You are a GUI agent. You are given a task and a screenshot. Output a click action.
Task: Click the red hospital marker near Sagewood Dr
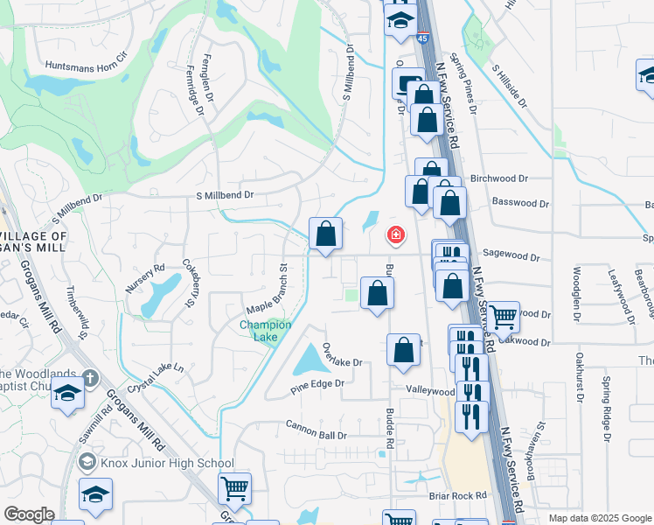[x=395, y=234]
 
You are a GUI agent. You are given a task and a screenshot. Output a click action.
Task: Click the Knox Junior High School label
[x=167, y=463]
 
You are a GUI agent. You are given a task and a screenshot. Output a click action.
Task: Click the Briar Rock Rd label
[x=457, y=495]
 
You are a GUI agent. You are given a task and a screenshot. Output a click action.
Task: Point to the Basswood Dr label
[x=520, y=203]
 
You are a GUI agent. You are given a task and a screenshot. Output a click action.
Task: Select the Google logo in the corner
[x=29, y=514]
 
